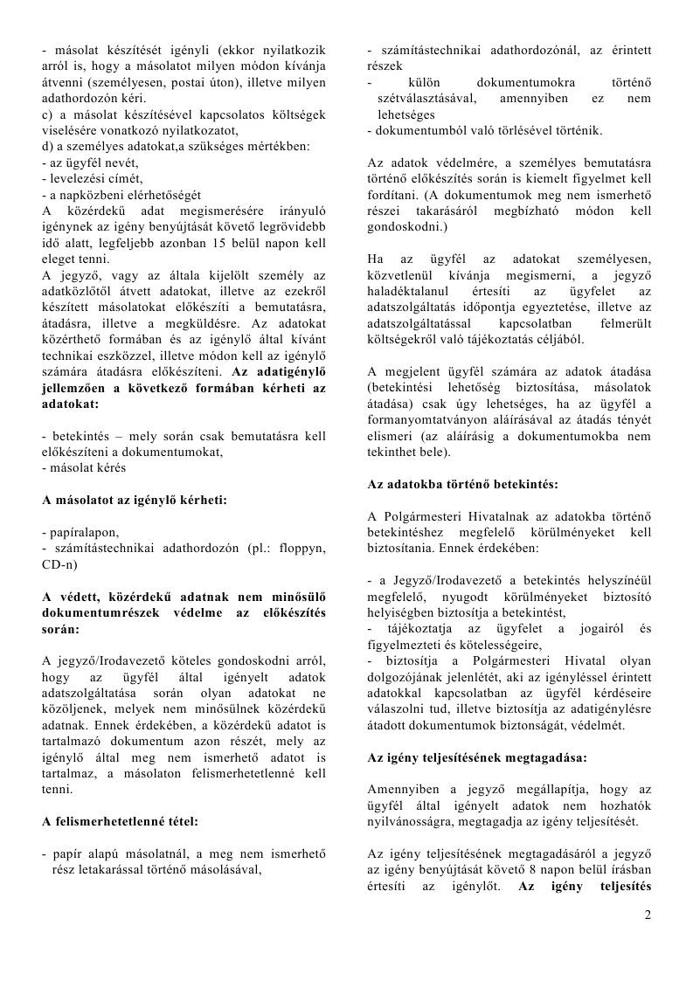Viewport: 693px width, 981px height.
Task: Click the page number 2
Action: click(x=648, y=915)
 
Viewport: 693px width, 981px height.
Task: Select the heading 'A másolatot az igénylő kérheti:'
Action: click(x=135, y=500)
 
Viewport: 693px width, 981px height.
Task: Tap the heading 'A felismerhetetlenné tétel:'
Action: click(x=120, y=821)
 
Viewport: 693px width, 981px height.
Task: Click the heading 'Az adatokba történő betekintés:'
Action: click(x=462, y=483)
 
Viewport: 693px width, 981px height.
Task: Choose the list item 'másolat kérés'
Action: click(x=87, y=467)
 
